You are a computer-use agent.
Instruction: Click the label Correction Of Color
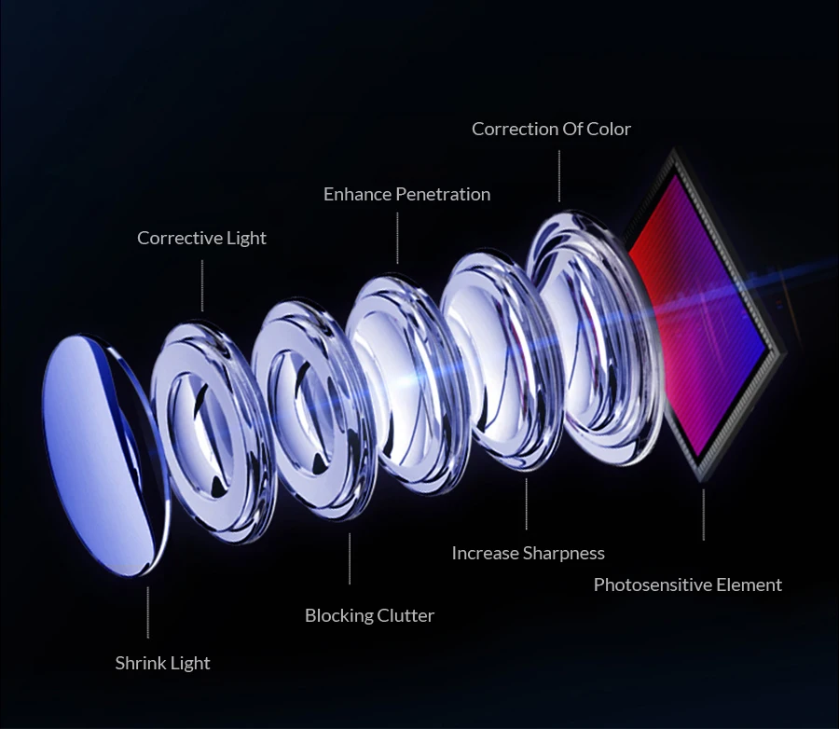tap(551, 129)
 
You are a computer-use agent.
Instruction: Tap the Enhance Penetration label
tap(406, 194)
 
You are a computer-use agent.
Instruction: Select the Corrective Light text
tap(201, 238)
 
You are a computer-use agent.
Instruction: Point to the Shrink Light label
tap(162, 663)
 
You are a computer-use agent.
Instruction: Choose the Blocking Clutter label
tap(369, 615)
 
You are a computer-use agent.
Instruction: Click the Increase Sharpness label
tap(528, 553)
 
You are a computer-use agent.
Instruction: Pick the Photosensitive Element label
tap(687, 585)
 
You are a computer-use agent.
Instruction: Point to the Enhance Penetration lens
tap(401, 382)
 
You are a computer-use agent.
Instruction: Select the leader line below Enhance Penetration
tap(397, 238)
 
